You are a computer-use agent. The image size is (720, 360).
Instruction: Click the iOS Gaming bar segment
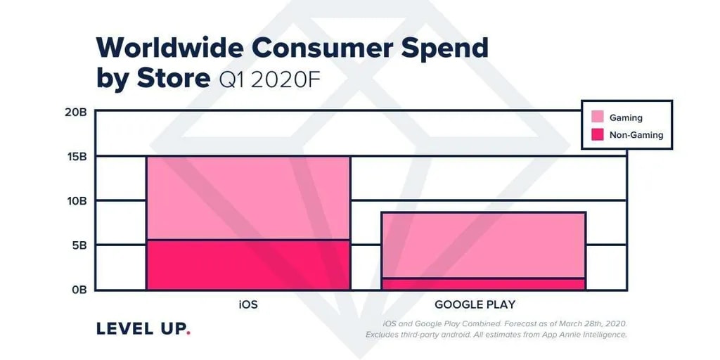(x=248, y=198)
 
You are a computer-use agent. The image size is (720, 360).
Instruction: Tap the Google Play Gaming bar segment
(x=483, y=245)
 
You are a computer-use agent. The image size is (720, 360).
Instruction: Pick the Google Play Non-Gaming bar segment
(x=483, y=284)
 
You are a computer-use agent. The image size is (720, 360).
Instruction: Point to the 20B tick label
(x=75, y=111)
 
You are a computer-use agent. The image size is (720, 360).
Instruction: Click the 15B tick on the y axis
(x=75, y=156)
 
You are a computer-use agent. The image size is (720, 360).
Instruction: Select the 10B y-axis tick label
(x=75, y=201)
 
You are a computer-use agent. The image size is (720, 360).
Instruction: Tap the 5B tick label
(x=78, y=245)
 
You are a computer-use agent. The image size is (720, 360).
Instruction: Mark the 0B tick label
(x=78, y=290)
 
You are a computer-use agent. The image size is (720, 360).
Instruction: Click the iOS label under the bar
(x=248, y=305)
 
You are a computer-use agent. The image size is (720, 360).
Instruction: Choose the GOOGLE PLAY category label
(x=475, y=305)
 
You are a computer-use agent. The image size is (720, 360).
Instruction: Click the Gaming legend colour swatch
(x=598, y=117)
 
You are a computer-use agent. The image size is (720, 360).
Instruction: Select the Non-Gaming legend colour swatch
(x=598, y=134)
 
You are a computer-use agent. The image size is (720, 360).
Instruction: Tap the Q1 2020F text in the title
(x=269, y=79)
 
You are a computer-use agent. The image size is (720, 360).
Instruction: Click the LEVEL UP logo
(x=141, y=328)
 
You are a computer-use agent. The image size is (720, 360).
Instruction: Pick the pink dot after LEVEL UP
(x=188, y=333)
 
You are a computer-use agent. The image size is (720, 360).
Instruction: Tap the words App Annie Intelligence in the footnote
(x=588, y=335)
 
